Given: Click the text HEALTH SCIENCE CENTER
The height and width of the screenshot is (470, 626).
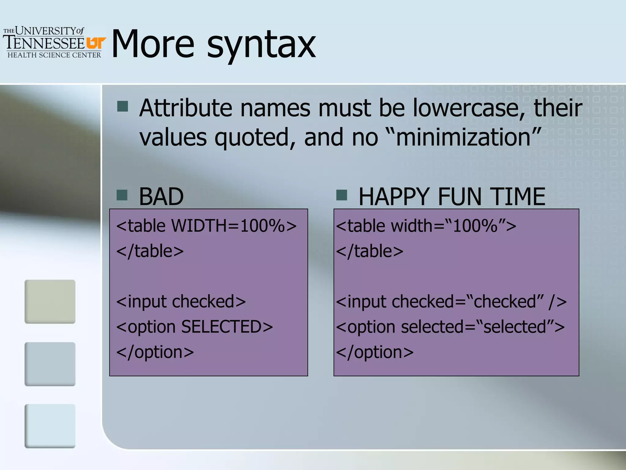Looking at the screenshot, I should (x=54, y=55).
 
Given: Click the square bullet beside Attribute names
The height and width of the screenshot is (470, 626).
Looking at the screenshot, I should (x=123, y=106).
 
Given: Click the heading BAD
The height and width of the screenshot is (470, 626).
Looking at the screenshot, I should (x=161, y=196).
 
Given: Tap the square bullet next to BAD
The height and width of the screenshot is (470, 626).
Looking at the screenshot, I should (x=122, y=195).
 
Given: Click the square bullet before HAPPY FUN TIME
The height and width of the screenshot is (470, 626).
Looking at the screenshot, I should (x=341, y=195).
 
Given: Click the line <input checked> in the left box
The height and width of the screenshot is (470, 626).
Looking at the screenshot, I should (x=181, y=302).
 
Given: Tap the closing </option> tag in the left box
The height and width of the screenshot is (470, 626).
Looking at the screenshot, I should (x=155, y=352).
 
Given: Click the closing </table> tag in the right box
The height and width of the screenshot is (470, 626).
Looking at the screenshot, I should (x=370, y=251).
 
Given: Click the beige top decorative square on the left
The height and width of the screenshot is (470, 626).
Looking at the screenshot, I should (x=50, y=301).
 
